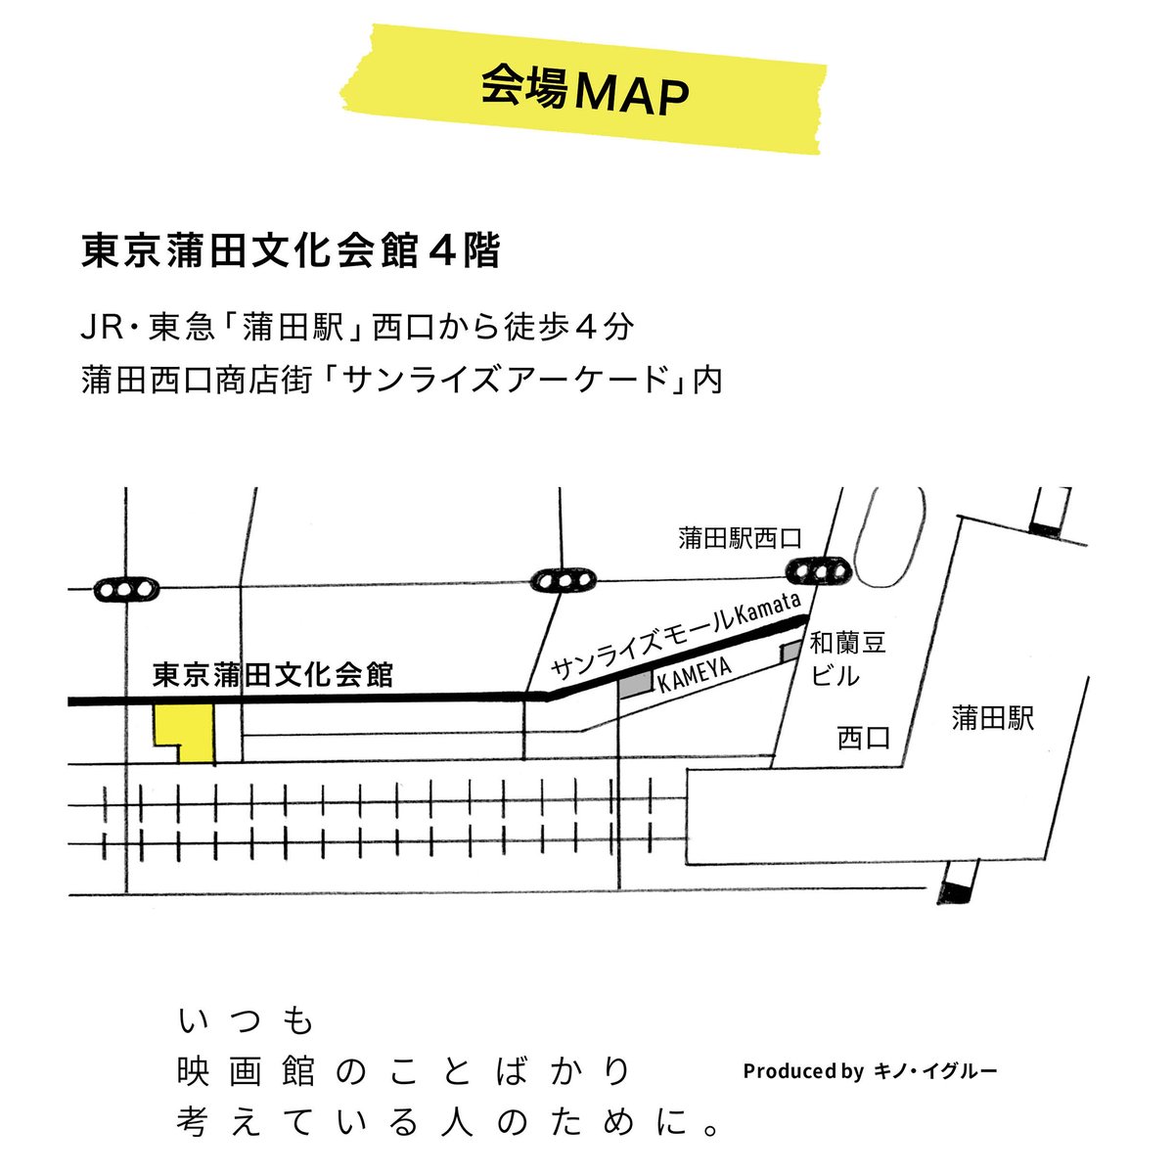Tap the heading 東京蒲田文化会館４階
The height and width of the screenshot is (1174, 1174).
pos(291,251)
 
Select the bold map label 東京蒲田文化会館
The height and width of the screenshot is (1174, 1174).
pos(273,675)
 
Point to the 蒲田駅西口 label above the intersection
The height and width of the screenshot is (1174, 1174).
pos(740,537)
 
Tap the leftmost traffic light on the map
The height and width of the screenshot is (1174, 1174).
pos(126,590)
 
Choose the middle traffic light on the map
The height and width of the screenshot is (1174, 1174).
pos(563,580)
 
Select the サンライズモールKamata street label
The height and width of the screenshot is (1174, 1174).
pos(676,637)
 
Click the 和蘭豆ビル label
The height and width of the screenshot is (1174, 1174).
pos(847,658)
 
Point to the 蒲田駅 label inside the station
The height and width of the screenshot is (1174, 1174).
pos(993,719)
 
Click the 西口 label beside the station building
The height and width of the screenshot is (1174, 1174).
pos(864,738)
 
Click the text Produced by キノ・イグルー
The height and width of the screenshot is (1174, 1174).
pos(870,1071)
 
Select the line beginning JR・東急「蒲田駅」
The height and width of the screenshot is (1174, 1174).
pos(358,327)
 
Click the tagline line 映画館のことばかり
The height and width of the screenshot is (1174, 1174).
pos(403,1072)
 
